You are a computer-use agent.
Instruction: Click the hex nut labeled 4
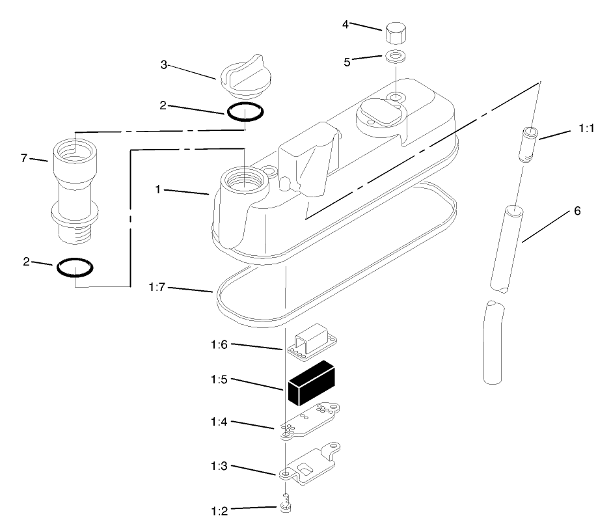point(396,33)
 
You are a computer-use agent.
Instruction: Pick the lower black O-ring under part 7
point(74,267)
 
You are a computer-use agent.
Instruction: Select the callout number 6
point(577,211)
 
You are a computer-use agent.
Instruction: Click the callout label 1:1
point(586,130)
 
